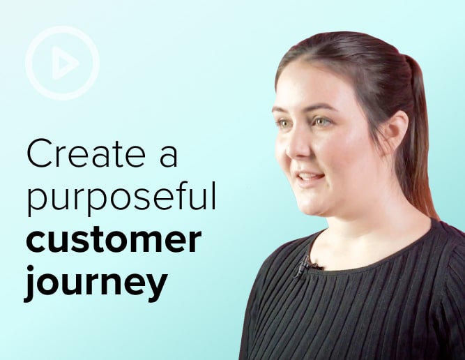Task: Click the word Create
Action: pos(86,153)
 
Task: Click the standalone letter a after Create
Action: pos(169,157)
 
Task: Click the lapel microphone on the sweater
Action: pos(304,266)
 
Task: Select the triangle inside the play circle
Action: pos(63,63)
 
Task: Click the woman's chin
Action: pos(314,205)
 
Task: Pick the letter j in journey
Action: pos(30,283)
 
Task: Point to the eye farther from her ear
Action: pos(284,123)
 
